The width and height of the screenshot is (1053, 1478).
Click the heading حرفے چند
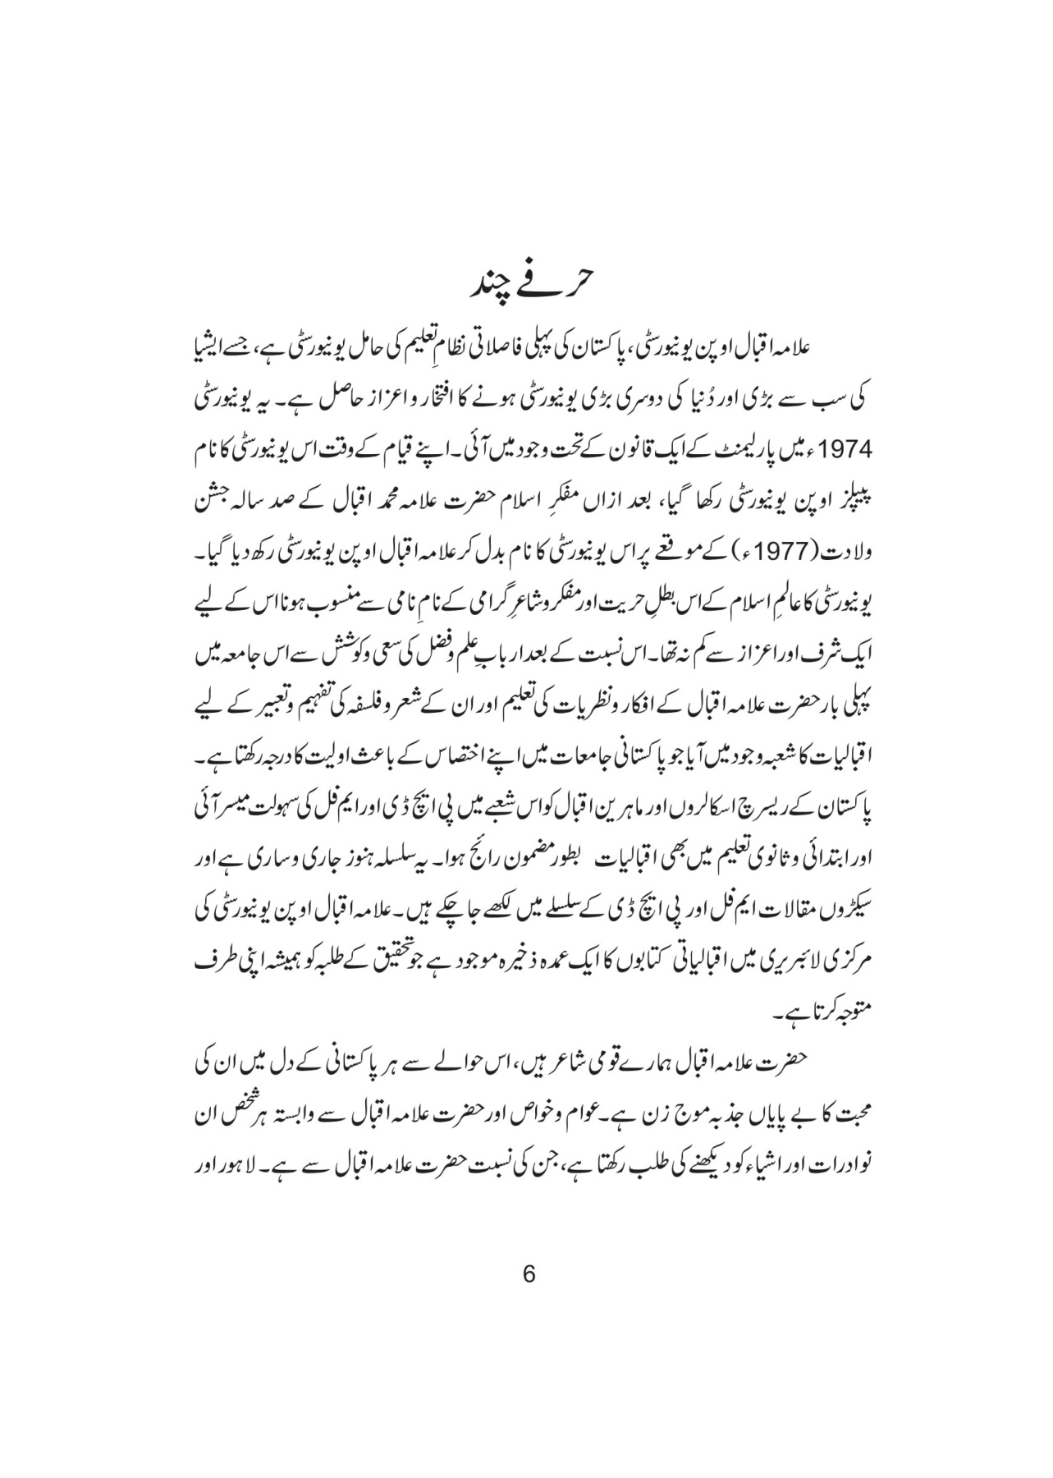(x=526, y=286)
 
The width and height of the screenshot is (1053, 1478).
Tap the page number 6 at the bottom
(x=528, y=1275)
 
